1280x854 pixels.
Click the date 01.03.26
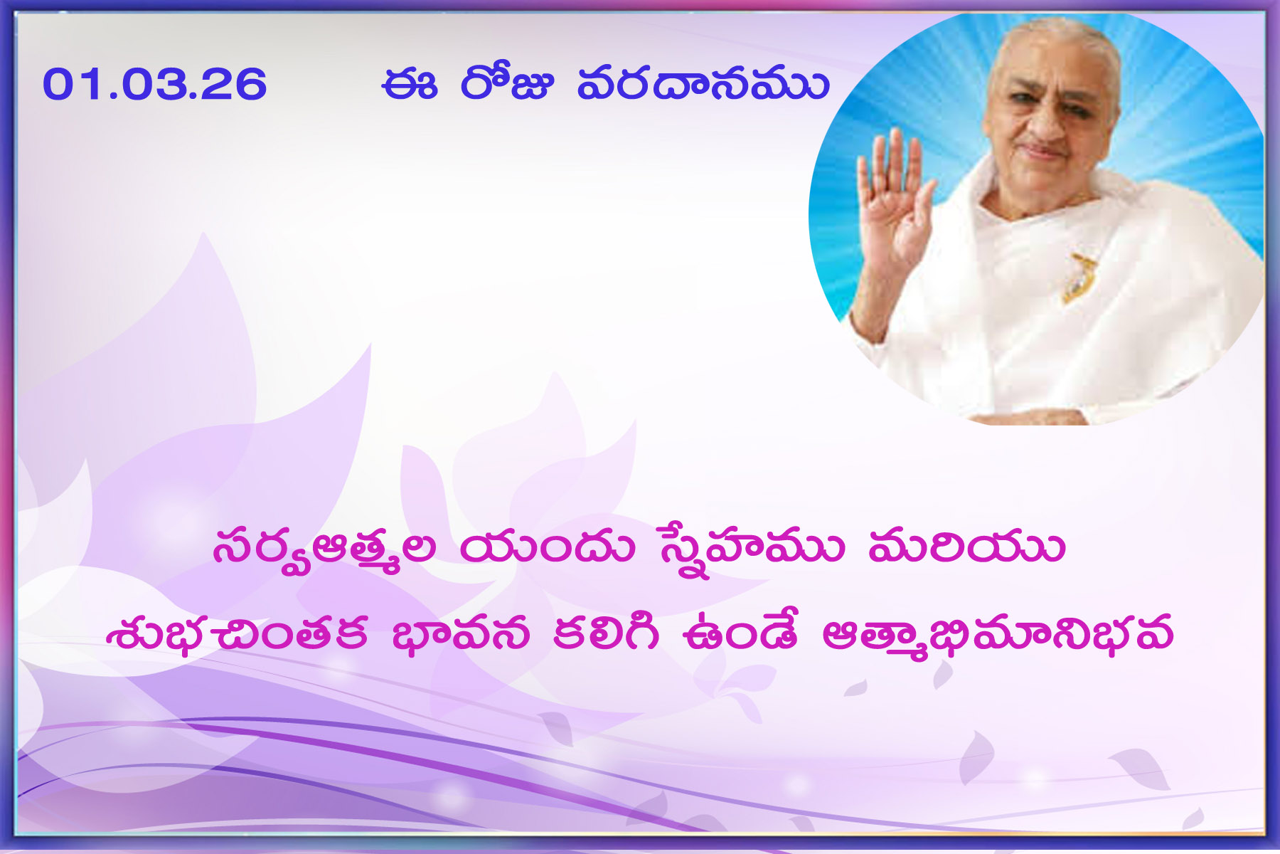tap(154, 84)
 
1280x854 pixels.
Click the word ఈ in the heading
tap(409, 84)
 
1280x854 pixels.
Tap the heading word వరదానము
tap(703, 83)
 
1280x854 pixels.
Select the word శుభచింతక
tap(238, 633)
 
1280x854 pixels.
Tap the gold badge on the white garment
tap(1079, 278)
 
